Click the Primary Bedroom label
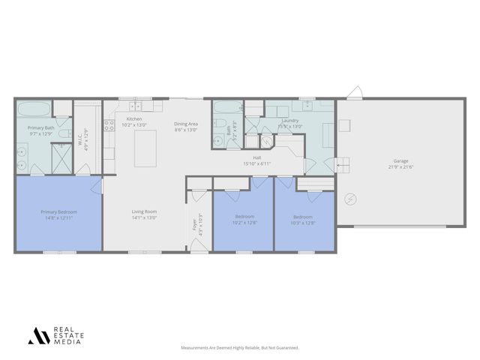click(x=58, y=211)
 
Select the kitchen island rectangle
click(x=145, y=148)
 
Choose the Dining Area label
click(x=186, y=124)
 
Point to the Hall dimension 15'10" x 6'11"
click(x=256, y=163)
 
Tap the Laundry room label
click(x=290, y=121)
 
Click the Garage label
click(x=401, y=160)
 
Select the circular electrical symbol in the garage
click(x=349, y=199)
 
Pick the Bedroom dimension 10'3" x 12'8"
click(x=304, y=223)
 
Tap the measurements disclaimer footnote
click(x=239, y=347)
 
